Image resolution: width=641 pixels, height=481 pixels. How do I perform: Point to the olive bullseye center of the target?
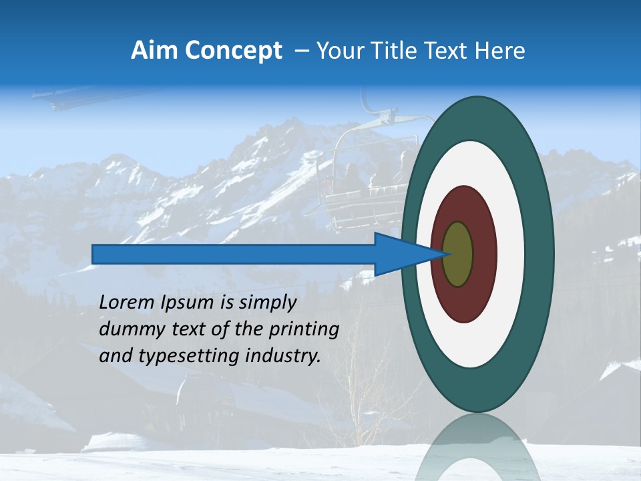[x=458, y=255]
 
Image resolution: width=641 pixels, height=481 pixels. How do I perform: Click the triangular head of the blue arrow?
[x=401, y=254]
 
